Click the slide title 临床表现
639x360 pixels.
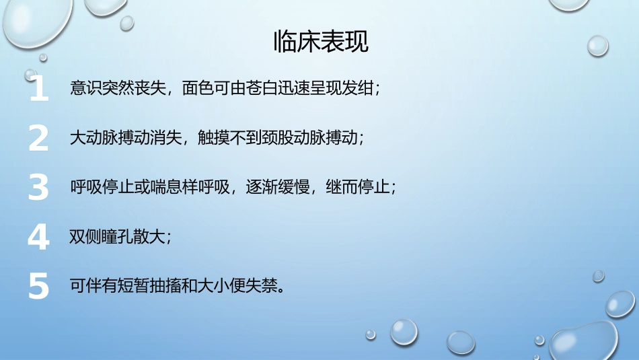coord(321,42)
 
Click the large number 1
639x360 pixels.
coord(39,89)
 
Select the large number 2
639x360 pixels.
coord(39,138)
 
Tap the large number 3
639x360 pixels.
coord(39,187)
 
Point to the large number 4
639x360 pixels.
coord(39,237)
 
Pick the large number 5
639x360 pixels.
coord(39,286)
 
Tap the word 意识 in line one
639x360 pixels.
coord(87,89)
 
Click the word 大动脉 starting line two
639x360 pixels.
coord(94,138)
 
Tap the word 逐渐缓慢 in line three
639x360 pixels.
coord(272,187)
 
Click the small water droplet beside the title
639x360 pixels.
coord(597,45)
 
